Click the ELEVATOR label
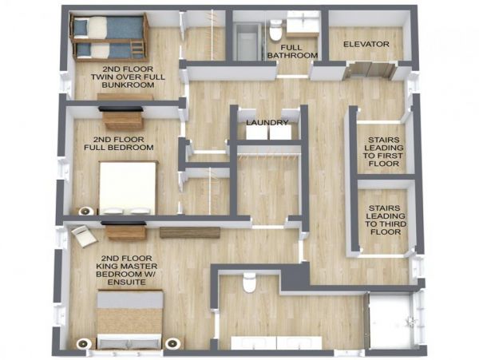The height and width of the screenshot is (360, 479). (366, 44)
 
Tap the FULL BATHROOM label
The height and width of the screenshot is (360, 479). (292, 52)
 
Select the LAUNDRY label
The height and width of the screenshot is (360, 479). (267, 123)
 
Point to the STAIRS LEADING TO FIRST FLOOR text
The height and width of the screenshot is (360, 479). (384, 152)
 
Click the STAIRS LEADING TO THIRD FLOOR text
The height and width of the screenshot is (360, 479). (385, 220)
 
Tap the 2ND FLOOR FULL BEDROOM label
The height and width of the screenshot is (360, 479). (118, 144)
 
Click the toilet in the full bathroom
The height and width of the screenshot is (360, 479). (275, 30)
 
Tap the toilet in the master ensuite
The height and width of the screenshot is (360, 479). (248, 282)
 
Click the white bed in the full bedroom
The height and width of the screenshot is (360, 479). (128, 188)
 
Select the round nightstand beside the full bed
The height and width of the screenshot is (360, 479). (86, 211)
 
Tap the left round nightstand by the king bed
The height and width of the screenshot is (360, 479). (84, 343)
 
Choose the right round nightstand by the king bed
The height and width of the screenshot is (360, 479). (173, 343)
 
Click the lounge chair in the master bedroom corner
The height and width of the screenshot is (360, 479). (84, 235)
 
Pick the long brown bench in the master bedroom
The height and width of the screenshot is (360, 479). (190, 232)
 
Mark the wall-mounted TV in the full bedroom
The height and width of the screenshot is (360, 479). (121, 109)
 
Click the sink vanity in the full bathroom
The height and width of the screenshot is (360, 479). (303, 24)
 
